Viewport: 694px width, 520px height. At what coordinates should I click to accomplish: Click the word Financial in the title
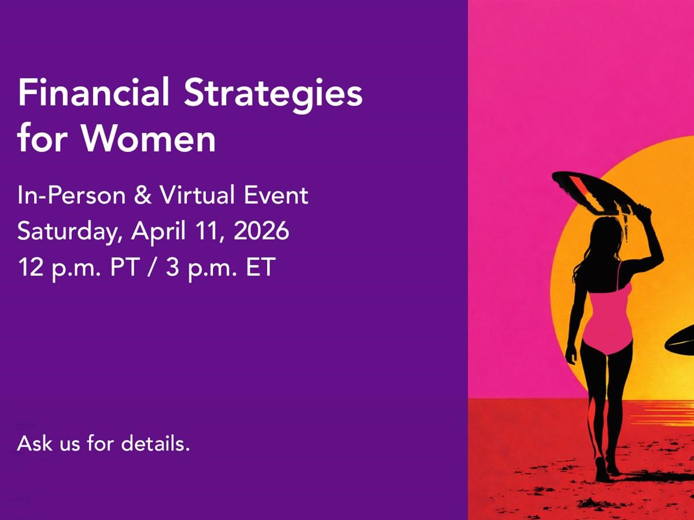coord(94,92)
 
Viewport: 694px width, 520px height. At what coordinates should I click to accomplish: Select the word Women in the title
coord(149,138)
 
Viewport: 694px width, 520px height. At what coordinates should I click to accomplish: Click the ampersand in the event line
coord(143,195)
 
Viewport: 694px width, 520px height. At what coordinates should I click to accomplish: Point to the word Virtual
coord(197,195)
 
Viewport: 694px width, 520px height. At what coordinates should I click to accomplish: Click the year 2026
coord(261,231)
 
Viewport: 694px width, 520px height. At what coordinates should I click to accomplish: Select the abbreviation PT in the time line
coord(125,267)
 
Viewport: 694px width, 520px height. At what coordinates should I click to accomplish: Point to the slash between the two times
coord(153,267)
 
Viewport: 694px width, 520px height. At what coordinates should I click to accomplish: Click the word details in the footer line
coord(155,443)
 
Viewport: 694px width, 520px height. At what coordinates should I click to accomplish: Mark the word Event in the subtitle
coord(276,195)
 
